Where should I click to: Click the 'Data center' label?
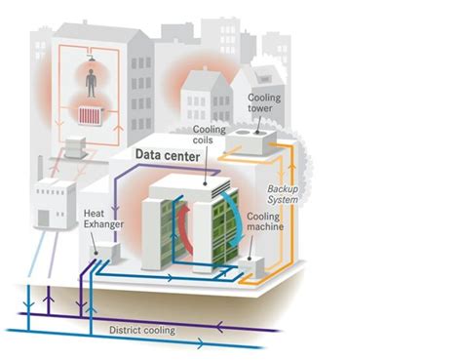(167, 155)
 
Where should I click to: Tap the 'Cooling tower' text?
(267, 104)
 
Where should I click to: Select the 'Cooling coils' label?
(211, 136)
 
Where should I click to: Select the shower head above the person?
(91, 56)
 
